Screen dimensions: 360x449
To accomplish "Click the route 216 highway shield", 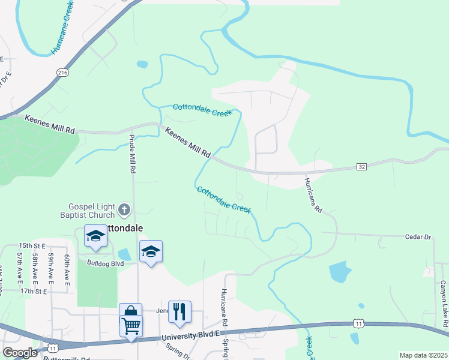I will tap(63, 73).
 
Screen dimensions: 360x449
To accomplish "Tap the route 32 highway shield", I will tap(361, 166).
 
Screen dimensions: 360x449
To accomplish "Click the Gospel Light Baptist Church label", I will tap(87, 211).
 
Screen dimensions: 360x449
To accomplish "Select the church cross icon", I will tap(124, 210).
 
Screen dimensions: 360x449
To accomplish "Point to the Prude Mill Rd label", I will tap(132, 154).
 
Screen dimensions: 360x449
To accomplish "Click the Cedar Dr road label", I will tap(419, 237).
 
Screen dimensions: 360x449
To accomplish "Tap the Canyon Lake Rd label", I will tap(443, 301).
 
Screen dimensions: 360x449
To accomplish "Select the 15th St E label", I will tap(32, 246).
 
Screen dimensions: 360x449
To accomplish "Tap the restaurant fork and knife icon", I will tap(179, 312).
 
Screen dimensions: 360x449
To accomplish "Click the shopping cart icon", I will tap(131, 326).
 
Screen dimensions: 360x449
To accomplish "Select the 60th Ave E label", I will tap(67, 268).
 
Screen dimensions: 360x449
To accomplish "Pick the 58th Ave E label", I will tap(36, 268).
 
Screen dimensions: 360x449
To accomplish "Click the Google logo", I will tap(20, 353).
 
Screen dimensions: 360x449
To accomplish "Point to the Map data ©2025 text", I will tap(423, 355).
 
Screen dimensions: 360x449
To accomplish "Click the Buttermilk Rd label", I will tap(67, 358).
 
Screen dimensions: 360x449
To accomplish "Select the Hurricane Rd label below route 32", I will tap(313, 196).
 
